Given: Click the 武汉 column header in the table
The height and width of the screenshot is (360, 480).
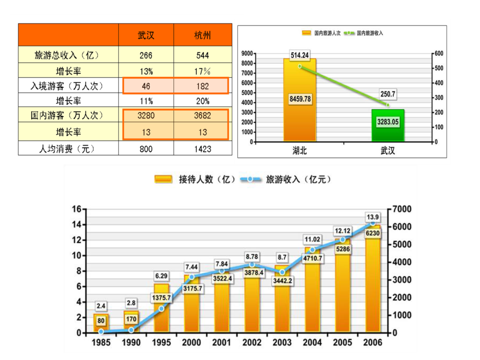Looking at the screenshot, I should (146, 35).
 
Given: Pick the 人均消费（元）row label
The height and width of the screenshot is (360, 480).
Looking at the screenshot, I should (68, 149).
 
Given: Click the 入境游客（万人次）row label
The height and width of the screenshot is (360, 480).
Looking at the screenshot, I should (68, 86).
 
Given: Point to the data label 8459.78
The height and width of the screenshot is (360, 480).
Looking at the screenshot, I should (299, 98).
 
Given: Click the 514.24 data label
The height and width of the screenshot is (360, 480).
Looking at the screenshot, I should (299, 55).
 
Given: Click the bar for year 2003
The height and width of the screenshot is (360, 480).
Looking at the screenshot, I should (282, 303).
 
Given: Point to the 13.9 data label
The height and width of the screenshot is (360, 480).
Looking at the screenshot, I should (373, 217).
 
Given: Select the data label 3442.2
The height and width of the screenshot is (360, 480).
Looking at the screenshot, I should (282, 281).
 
